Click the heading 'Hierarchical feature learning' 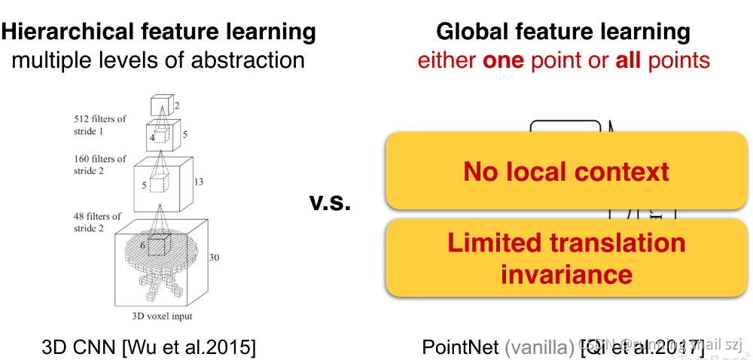coord(158,32)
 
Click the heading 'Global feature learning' coord(563,32)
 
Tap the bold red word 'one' coord(503,60)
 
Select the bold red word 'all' coord(627,60)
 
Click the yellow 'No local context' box coord(566,171)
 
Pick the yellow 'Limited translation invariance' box coord(566,258)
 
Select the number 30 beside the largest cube coord(214,258)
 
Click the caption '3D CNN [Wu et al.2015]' coord(148,347)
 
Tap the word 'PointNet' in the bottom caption coord(460,347)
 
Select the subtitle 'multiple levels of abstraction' coord(158,60)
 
